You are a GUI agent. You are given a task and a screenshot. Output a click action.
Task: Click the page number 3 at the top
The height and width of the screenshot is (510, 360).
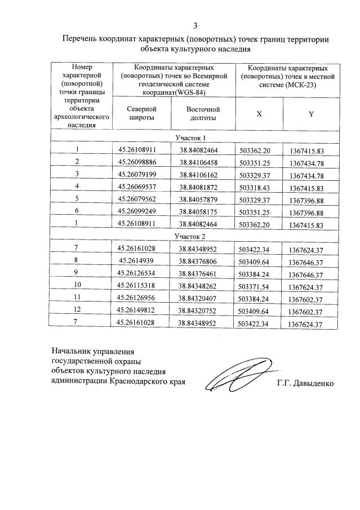[x=195, y=25]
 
